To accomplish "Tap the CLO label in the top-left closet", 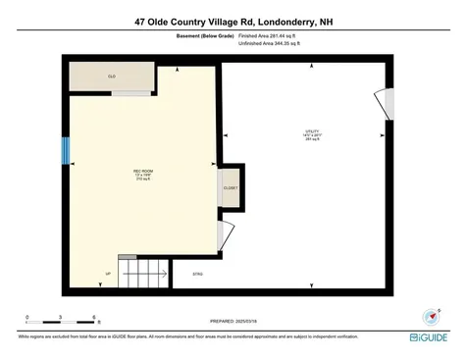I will (111, 76).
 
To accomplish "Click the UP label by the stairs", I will (108, 273).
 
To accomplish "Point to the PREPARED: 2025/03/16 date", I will (233, 320).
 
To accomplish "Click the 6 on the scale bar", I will (93, 316).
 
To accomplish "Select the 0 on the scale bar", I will (27, 316).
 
